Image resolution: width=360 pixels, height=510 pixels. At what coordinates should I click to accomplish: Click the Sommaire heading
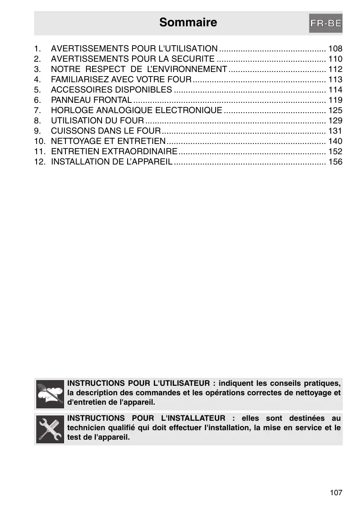(x=188, y=22)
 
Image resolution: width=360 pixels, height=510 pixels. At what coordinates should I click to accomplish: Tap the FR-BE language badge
(x=325, y=23)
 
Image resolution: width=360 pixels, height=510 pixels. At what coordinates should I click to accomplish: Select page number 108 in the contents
(x=335, y=49)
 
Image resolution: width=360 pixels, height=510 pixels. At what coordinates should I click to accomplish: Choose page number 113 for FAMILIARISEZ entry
(x=335, y=79)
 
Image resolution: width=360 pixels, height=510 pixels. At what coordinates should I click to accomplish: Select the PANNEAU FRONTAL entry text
(x=91, y=100)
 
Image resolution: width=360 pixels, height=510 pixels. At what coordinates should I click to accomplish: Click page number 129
(x=335, y=121)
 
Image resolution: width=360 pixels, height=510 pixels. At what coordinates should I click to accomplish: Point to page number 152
(x=335, y=151)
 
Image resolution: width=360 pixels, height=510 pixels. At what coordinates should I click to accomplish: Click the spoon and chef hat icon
(x=50, y=394)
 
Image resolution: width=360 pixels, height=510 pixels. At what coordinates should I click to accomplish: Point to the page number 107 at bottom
(x=336, y=492)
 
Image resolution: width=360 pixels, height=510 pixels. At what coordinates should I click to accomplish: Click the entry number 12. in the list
(x=40, y=162)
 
